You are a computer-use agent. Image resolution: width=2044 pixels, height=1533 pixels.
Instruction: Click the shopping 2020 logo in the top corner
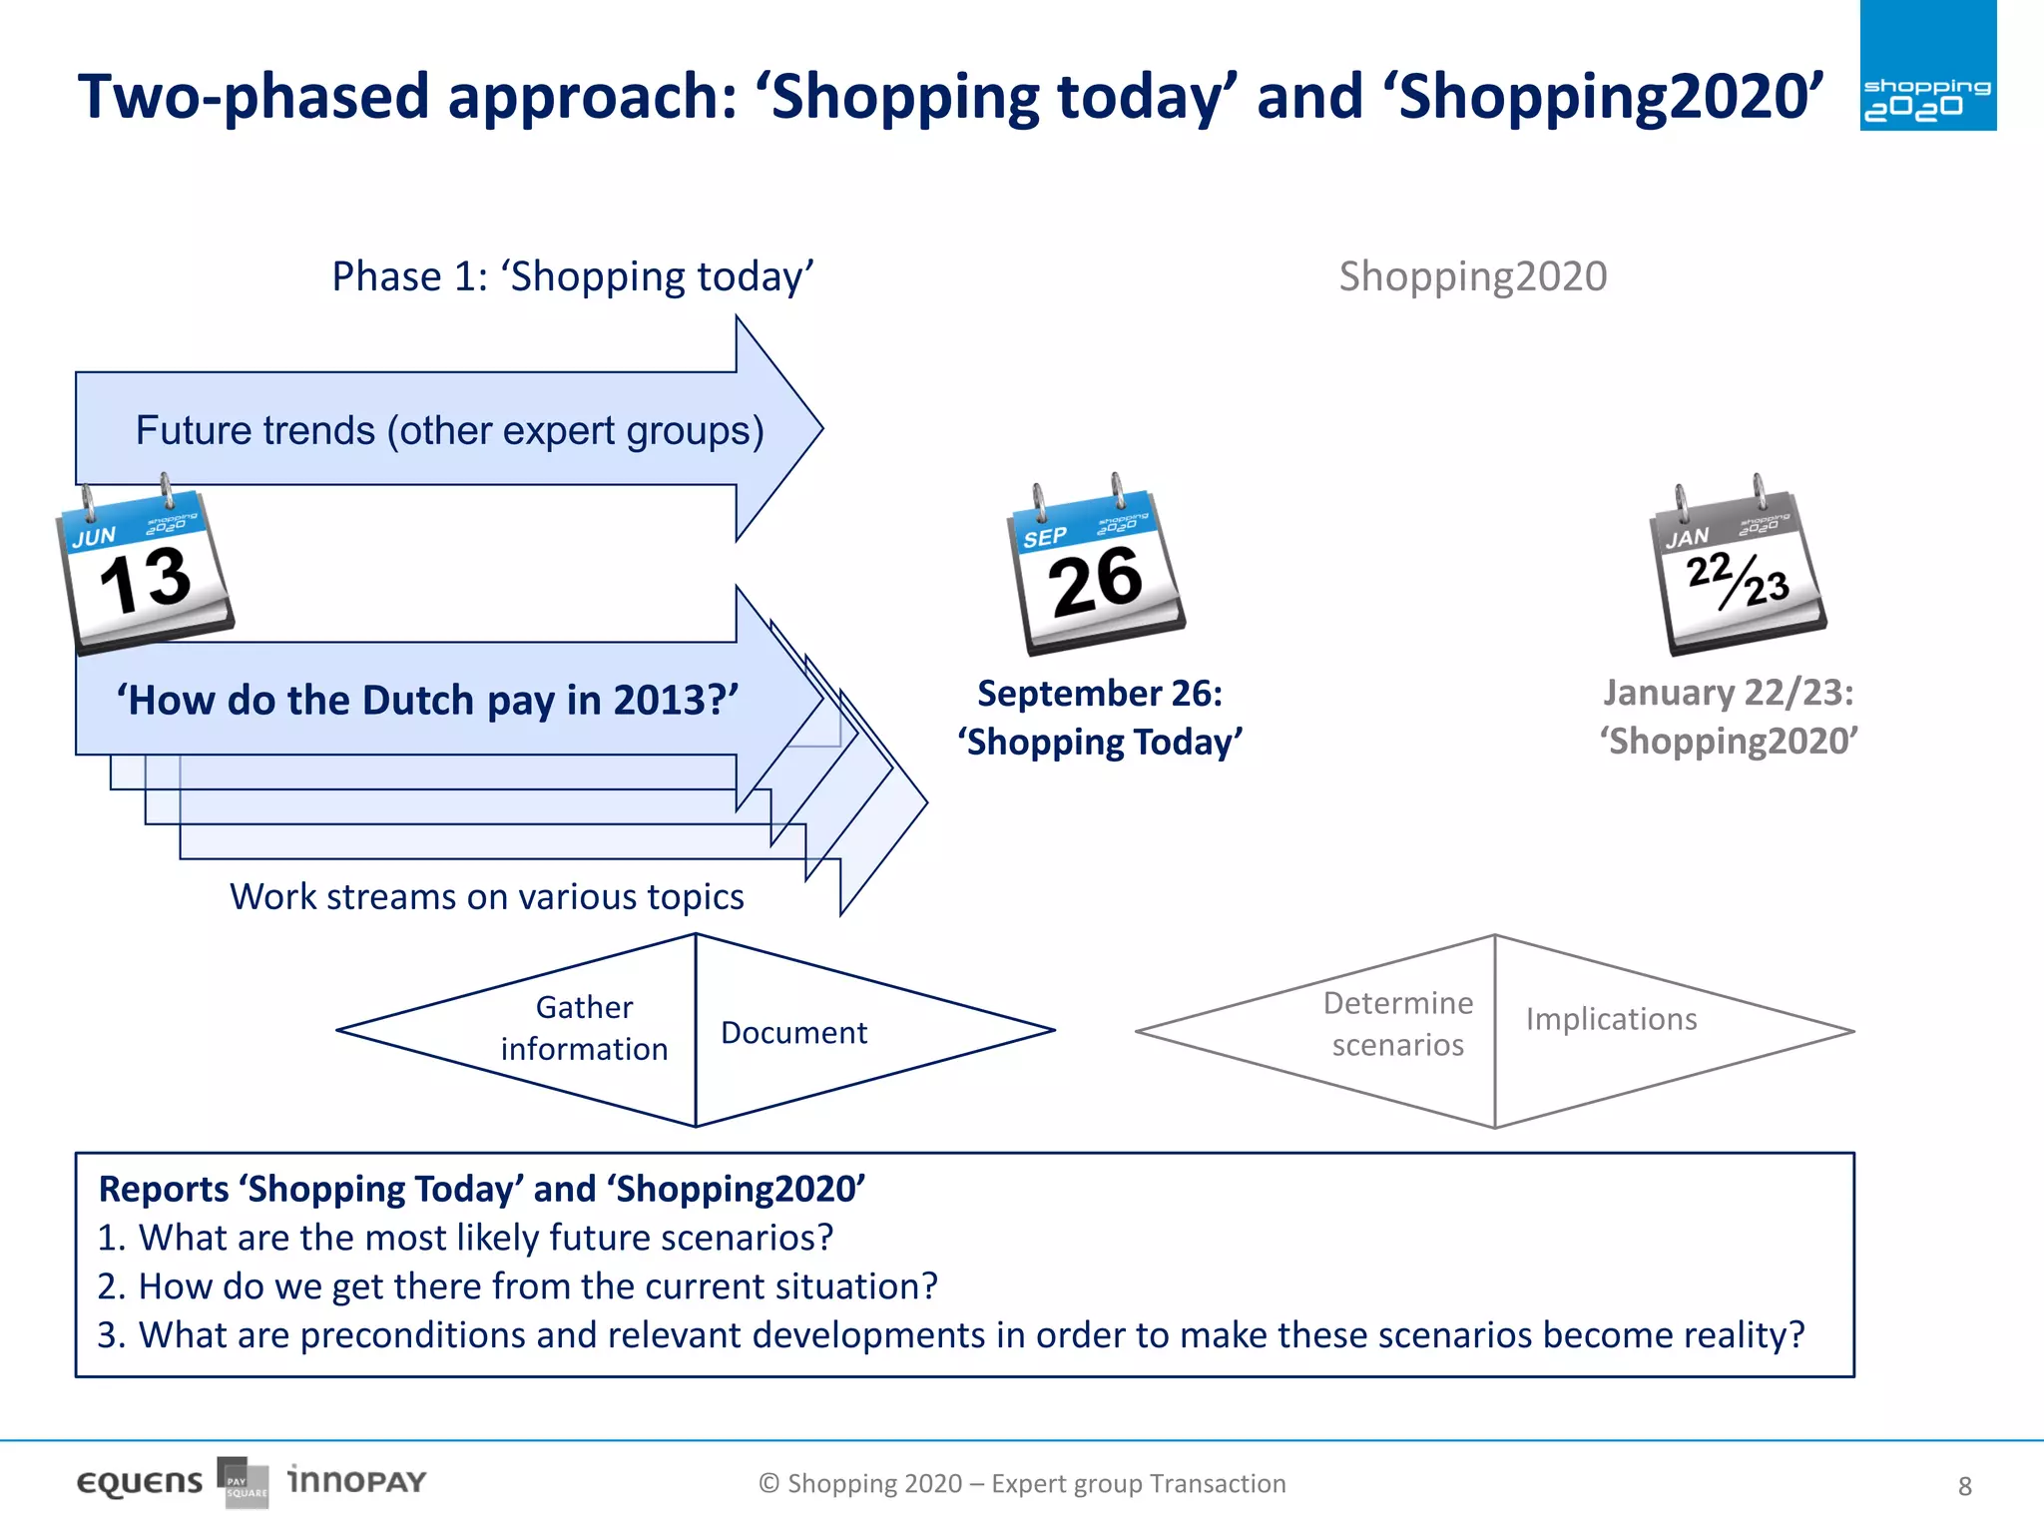point(1927,66)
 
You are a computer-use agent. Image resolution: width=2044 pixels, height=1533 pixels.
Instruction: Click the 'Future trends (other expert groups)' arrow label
point(449,431)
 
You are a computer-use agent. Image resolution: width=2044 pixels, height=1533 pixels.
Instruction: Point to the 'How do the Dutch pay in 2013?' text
point(427,701)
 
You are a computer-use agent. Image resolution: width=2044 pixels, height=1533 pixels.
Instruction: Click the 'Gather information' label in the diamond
point(584,1028)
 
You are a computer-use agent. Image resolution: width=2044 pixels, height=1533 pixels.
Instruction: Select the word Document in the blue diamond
point(793,1033)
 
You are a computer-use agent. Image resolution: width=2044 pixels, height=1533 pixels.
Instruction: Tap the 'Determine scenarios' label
point(1397,1024)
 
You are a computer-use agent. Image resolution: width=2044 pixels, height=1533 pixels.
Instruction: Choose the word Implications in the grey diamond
point(1611,1019)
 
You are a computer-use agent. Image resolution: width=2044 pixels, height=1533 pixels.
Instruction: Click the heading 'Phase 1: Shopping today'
point(573,276)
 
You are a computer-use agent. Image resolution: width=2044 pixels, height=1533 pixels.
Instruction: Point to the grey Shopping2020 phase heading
point(1472,276)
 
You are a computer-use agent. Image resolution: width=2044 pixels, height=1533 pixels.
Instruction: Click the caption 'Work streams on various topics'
point(487,897)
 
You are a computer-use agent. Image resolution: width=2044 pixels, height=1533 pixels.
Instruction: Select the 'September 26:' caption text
point(1099,694)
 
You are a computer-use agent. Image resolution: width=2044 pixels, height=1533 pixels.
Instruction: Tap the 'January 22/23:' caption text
point(1728,693)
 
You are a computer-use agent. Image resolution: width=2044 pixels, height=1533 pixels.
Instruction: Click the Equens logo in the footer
point(140,1483)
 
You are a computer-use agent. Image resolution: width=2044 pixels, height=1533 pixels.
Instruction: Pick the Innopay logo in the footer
point(356,1481)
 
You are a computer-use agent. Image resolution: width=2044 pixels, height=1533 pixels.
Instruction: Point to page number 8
point(1964,1486)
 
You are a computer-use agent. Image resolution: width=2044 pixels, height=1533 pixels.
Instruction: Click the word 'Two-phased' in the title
point(254,98)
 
